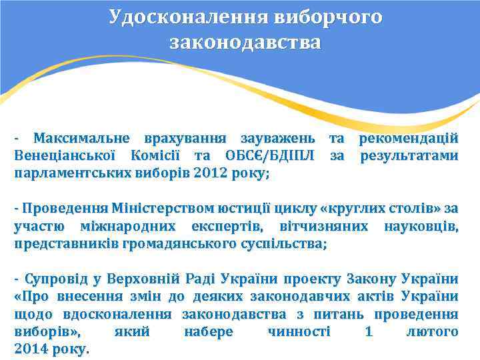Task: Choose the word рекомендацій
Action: pyautogui.click(x=409, y=139)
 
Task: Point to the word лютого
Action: pyautogui.click(x=432, y=331)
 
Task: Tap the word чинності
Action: pyautogui.click(x=298, y=331)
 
